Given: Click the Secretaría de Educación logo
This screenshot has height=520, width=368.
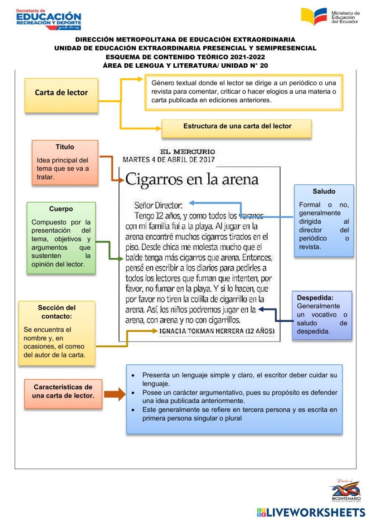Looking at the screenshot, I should [48, 19].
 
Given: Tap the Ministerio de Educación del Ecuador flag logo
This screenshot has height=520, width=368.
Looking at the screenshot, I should [314, 17].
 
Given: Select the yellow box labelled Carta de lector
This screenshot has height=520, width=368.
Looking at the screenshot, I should [61, 95].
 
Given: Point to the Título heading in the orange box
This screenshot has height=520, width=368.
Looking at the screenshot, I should [65, 147].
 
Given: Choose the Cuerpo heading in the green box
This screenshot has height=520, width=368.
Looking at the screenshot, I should [61, 209].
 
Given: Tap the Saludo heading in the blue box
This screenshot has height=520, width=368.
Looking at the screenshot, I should [324, 191].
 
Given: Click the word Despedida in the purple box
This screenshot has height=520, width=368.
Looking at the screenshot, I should [315, 298].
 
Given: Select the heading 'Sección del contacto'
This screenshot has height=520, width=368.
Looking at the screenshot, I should [57, 312].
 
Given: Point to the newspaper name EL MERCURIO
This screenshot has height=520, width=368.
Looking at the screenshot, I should [187, 152].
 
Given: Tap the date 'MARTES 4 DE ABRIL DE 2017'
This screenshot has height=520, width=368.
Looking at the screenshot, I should [169, 160].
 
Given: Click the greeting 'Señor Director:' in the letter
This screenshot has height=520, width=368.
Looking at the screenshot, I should [158, 205].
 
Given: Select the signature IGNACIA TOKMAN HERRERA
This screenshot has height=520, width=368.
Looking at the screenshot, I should [217, 331].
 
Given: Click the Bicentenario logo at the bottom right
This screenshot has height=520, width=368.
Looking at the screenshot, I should [346, 491].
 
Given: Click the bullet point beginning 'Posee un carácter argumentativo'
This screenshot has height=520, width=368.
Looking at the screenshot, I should [240, 397].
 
